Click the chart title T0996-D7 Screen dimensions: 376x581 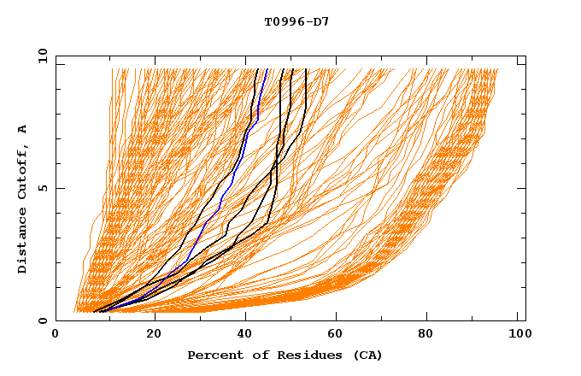coord(296,21)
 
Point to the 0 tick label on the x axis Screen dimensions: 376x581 coord(56,336)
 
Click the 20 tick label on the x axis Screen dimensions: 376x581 coord(154,336)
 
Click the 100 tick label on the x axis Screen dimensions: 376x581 coord(518,336)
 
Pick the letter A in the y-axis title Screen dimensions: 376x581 coord(23,129)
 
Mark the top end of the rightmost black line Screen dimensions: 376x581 coord(306,69)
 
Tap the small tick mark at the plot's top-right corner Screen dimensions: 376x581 coord(521,64)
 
